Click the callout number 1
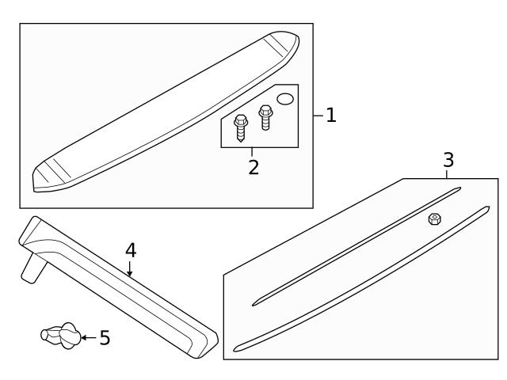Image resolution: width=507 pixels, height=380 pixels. pos(331,116)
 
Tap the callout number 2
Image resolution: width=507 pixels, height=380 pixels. pos(253,167)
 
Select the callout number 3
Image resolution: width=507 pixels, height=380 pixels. pos(448,159)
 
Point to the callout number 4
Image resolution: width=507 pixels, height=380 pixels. pos(131,250)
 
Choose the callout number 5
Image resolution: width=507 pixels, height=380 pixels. pos(104,338)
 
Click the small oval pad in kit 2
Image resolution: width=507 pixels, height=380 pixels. pos(285,101)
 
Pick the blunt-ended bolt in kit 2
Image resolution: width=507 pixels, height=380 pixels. pos(265,118)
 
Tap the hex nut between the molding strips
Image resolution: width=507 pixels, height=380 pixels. pos(434,218)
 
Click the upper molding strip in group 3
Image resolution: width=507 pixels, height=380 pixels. pos(356,245)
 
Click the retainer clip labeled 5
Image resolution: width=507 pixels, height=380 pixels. pos(60,336)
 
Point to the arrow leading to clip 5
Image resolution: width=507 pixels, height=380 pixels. pos(87,338)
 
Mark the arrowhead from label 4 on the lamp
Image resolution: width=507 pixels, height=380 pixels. pos(130,273)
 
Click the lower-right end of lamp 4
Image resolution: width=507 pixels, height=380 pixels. pos(204,339)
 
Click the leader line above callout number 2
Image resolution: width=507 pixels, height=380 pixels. pos(253,152)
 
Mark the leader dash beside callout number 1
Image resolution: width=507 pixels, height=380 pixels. pos(318,116)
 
